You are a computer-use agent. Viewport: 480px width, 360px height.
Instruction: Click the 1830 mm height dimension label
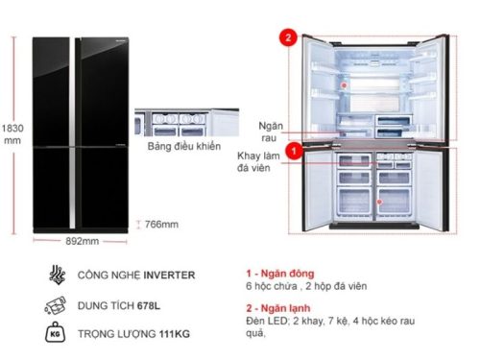12,132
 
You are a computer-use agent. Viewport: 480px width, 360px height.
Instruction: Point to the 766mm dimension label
161,224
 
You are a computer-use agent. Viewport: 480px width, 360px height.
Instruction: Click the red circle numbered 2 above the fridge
285,38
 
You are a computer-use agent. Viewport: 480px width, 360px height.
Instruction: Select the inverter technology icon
54,276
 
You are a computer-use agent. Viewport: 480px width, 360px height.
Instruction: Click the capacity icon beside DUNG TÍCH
54,305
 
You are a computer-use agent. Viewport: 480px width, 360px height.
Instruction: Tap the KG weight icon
54,335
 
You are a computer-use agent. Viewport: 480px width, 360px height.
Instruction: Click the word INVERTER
170,276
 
